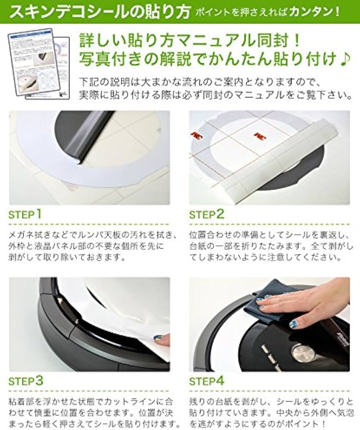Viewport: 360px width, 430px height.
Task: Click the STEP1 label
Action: pos(25,214)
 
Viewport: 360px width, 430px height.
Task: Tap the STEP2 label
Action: pos(207,214)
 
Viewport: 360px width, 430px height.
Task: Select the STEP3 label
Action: pos(26,381)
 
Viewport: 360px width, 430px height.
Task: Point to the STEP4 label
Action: pos(207,381)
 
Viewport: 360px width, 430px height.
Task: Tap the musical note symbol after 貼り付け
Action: pos(345,58)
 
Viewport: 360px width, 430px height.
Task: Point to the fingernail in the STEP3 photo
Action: pos(158,338)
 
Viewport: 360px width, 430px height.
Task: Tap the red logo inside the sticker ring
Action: pos(259,136)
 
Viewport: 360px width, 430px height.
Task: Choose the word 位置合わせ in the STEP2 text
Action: pos(211,235)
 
